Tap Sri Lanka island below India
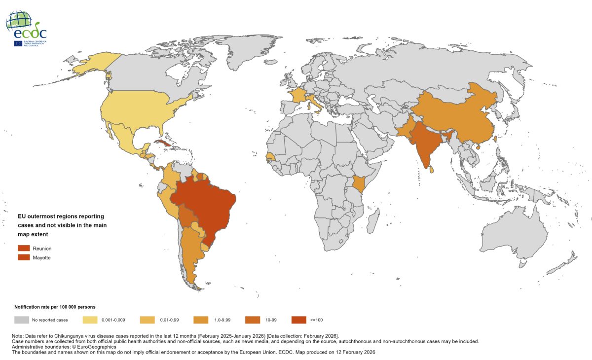point(432,169)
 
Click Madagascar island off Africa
point(373,219)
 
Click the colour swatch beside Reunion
point(24,249)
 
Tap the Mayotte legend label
point(41,257)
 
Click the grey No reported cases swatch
point(21,320)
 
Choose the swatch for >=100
point(298,320)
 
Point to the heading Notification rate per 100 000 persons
point(55,307)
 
